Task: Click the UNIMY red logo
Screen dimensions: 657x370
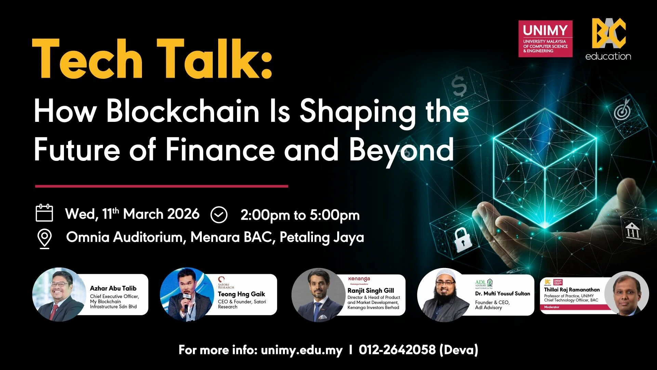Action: [545, 39]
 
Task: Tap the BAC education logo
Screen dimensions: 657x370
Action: [608, 39]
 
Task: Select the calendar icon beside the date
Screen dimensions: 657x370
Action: [44, 213]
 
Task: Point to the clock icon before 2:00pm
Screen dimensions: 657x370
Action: [219, 215]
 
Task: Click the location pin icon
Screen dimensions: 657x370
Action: [44, 239]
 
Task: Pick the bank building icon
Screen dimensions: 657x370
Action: [633, 231]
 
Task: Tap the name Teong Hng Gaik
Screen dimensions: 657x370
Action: [241, 294]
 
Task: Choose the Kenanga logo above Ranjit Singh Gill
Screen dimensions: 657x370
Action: [359, 280]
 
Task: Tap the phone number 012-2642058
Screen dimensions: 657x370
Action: [397, 350]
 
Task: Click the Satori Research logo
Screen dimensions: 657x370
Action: [226, 283]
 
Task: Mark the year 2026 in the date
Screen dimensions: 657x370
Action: [183, 214]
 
